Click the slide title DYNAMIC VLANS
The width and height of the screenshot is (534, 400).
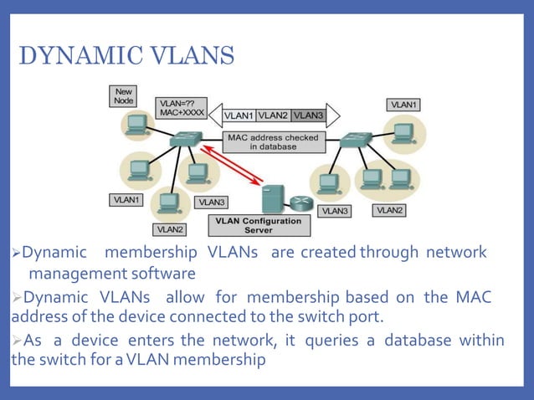coord(126,56)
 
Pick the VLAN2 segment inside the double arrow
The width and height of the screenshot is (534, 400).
coord(273,115)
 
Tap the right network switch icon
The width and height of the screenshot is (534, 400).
coord(356,139)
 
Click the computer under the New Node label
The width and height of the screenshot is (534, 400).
coord(135,126)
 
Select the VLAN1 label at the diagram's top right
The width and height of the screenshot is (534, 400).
coord(403,105)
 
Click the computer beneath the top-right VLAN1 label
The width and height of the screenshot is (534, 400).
coord(403,132)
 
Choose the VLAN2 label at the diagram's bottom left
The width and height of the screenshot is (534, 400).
coord(171,228)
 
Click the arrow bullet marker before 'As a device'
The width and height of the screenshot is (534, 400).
coord(16,341)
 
